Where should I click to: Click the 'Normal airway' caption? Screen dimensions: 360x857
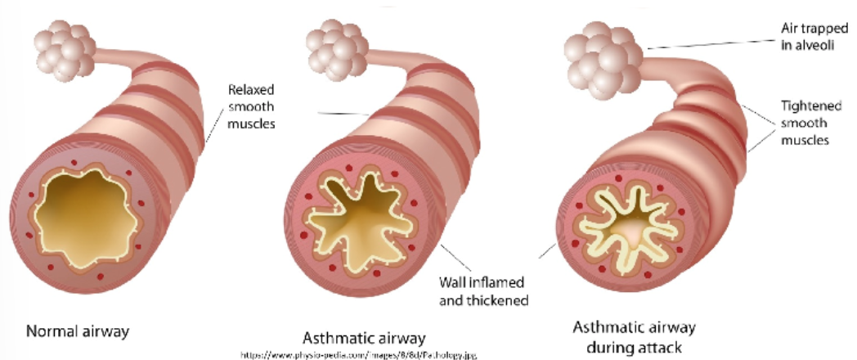coord(78,331)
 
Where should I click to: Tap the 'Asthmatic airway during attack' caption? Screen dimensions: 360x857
coord(634,337)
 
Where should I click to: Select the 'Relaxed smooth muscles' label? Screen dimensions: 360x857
coord(251,106)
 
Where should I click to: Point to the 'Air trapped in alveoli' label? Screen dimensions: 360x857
coord(807,37)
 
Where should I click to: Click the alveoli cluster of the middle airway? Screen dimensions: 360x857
coord(334,53)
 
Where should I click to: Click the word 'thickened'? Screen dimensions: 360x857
coord(500,300)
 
